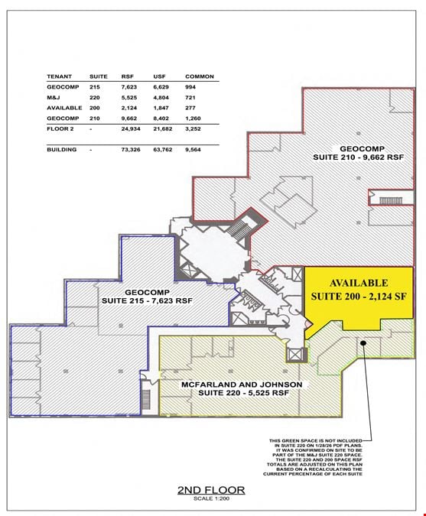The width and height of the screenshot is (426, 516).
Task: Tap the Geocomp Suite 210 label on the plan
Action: tap(359, 153)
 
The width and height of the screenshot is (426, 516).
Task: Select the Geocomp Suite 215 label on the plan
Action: tap(147, 297)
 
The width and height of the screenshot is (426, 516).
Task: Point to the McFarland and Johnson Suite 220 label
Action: tap(242, 388)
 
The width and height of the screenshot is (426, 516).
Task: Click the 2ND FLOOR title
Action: tap(211, 490)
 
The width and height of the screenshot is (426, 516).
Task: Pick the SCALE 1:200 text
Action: tap(211, 498)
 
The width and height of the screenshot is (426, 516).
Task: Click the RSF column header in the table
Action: tap(128, 76)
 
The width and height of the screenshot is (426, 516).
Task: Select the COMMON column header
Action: tap(200, 76)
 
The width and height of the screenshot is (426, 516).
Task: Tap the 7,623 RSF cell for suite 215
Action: tap(129, 87)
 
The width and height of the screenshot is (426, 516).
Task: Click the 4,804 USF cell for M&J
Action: tap(161, 98)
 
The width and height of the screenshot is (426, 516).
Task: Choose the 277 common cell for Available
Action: tap(190, 108)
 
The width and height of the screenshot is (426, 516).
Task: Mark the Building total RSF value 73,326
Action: tap(131, 150)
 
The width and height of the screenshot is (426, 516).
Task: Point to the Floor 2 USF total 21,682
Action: tap(163, 129)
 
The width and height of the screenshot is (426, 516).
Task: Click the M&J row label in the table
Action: tap(54, 98)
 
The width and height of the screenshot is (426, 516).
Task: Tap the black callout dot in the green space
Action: tap(363, 343)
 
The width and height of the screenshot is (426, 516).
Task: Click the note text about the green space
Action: tap(313, 457)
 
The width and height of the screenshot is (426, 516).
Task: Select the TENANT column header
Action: tap(59, 76)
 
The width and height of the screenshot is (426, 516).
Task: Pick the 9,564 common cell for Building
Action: tap(193, 150)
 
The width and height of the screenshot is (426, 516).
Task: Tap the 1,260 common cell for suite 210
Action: tap(193, 118)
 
